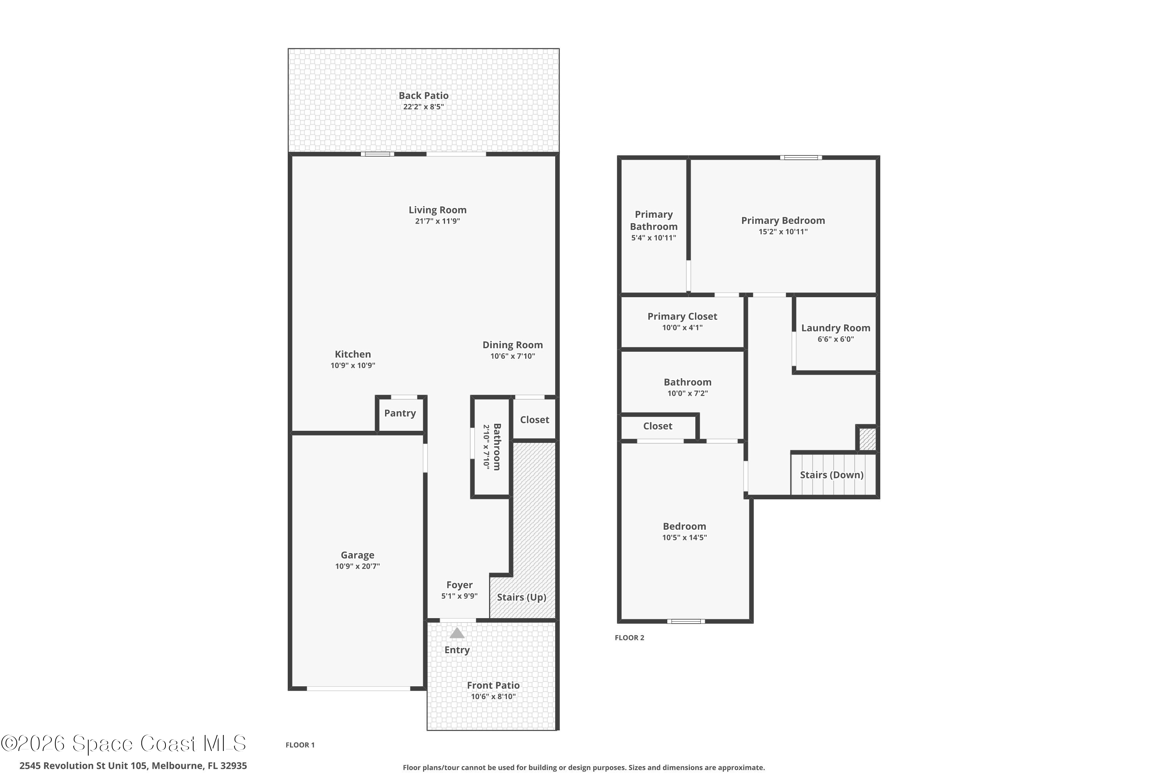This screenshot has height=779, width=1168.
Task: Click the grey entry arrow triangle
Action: (x=457, y=633)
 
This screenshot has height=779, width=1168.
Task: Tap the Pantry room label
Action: (x=400, y=413)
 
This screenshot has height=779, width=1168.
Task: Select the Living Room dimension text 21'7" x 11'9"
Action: (x=438, y=221)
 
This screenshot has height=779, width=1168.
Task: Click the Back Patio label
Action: (x=424, y=95)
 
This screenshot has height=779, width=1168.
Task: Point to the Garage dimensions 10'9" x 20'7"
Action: (x=357, y=566)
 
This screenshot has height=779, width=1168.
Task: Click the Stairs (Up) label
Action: (x=521, y=597)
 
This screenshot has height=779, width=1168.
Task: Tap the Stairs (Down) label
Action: (x=831, y=475)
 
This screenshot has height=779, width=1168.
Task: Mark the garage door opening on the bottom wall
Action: (x=359, y=689)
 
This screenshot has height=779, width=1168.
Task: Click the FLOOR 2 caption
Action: (x=629, y=638)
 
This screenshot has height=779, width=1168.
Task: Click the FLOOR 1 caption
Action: (x=300, y=745)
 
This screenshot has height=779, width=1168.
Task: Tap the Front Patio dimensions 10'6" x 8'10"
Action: (x=493, y=696)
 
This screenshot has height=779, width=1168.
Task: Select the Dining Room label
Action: (x=512, y=345)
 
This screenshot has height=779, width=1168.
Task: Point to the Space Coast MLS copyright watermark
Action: (x=124, y=744)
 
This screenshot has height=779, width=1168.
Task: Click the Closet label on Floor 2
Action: (x=658, y=426)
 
